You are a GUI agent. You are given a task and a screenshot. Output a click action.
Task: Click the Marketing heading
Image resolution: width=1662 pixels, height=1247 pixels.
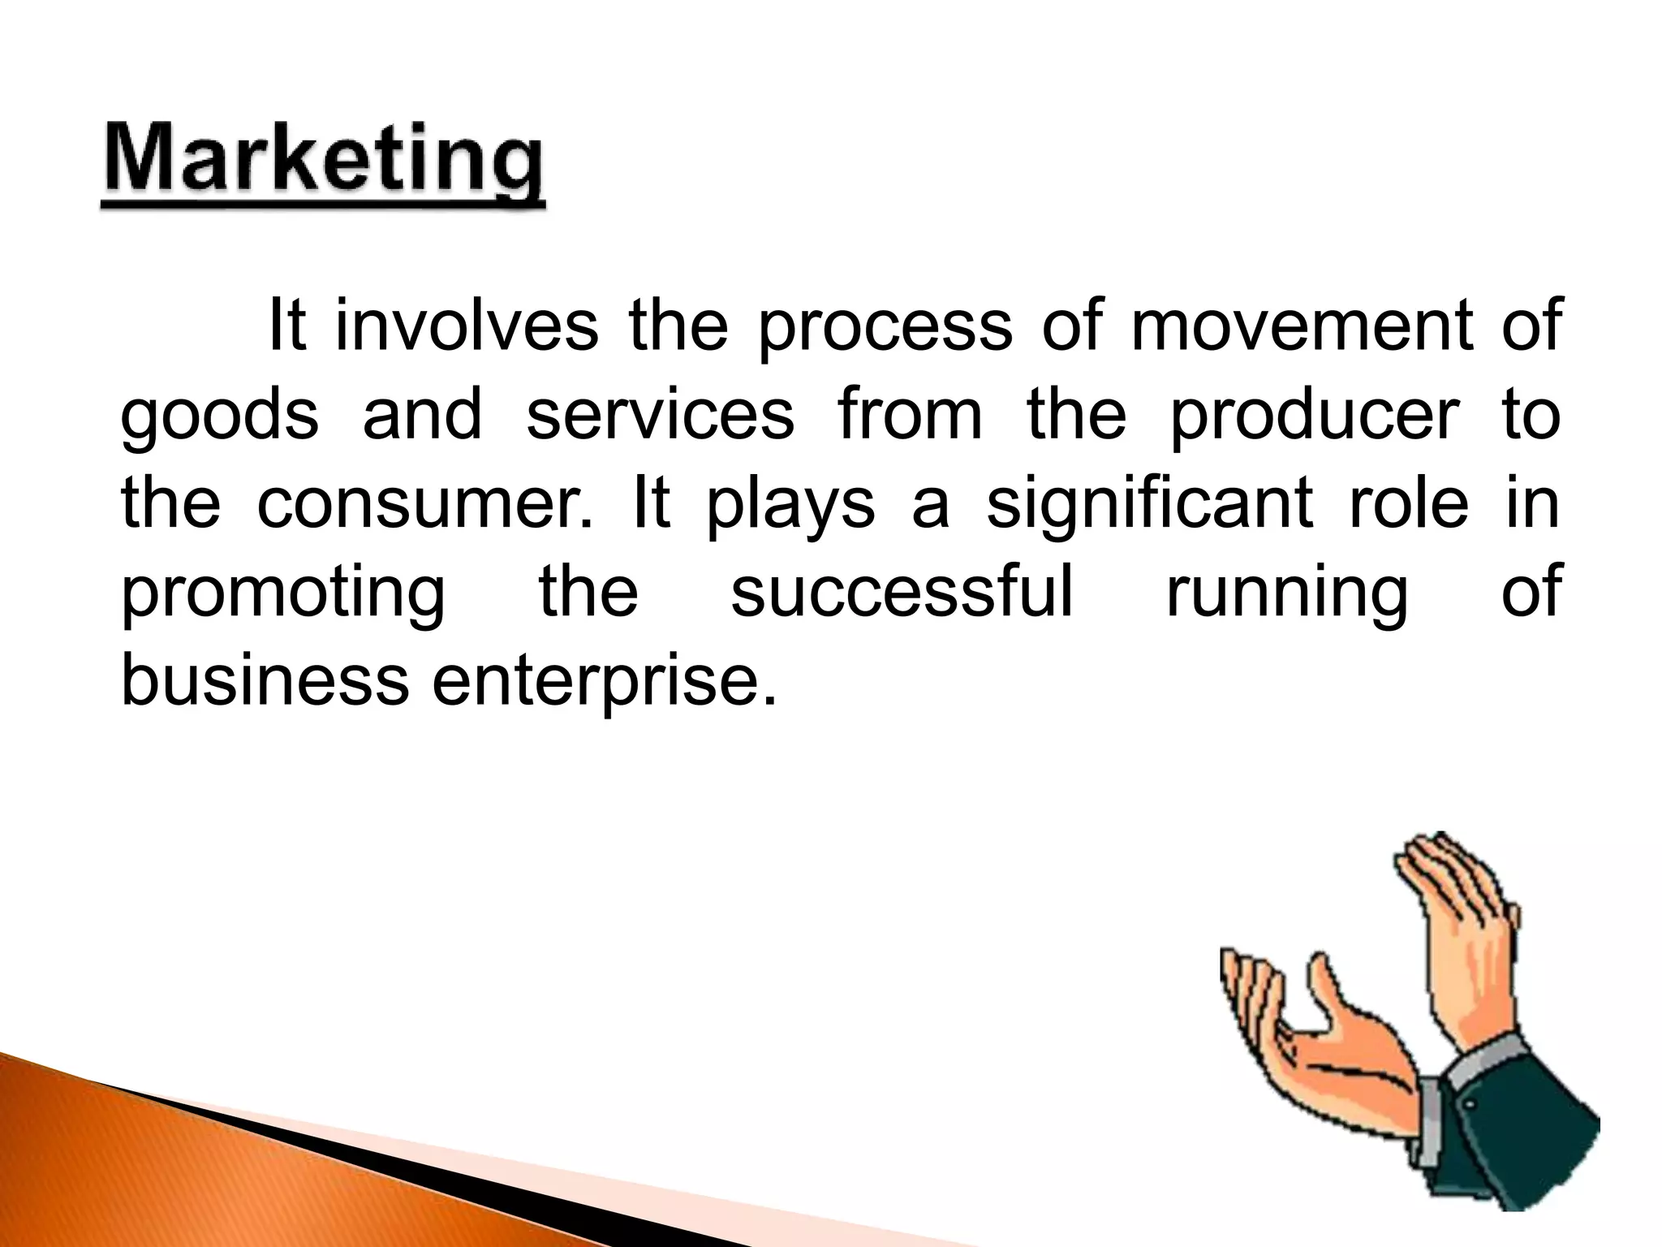[x=323, y=162]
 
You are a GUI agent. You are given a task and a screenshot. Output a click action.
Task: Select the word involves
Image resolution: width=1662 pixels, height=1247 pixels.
[x=467, y=326]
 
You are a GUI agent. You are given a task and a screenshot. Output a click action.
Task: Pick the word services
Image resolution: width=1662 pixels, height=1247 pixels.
[x=660, y=414]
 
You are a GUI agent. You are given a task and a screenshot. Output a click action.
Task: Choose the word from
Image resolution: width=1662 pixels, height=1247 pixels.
[x=910, y=414]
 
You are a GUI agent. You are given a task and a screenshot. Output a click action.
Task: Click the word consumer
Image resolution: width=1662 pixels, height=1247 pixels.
[x=425, y=503]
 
